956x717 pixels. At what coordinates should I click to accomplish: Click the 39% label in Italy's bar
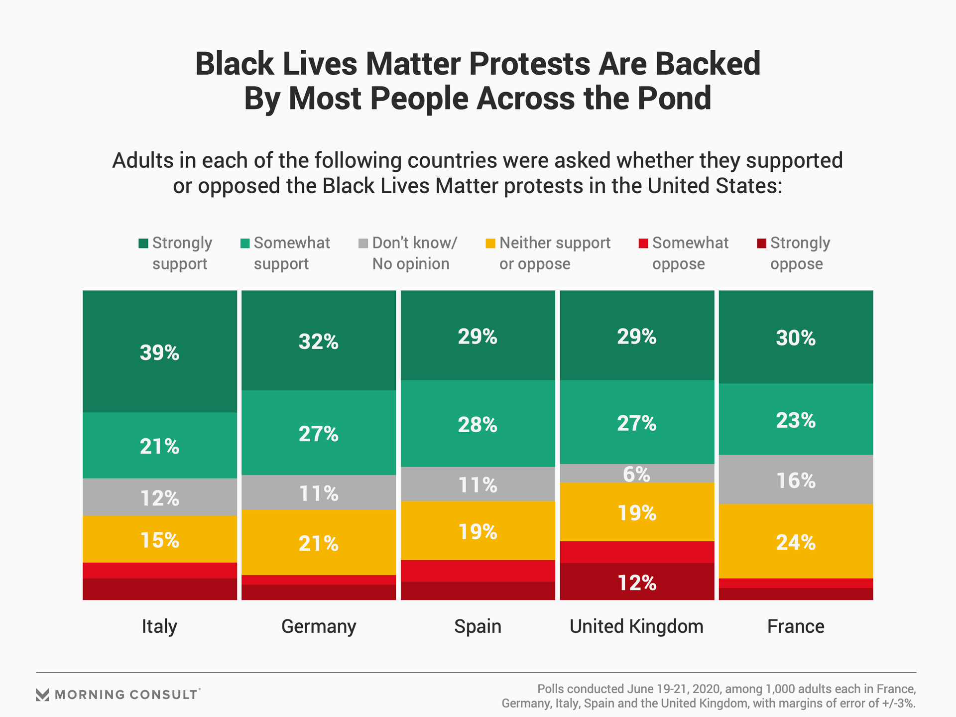click(x=159, y=353)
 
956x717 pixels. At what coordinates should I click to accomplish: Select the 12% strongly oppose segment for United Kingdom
click(x=637, y=582)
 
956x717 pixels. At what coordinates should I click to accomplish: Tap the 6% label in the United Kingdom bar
click(x=636, y=475)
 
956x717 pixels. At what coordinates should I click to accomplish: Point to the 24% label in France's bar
click(x=796, y=542)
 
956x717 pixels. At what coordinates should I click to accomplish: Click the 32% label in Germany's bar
click(x=319, y=342)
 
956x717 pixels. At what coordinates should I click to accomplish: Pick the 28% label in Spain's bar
click(x=478, y=425)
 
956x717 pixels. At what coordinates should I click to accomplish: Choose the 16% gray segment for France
click(x=796, y=479)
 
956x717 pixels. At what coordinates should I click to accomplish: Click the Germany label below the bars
click(x=319, y=626)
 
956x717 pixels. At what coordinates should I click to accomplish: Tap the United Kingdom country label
click(x=636, y=626)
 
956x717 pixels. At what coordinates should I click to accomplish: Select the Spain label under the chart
click(x=478, y=626)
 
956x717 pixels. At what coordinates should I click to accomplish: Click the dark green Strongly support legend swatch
click(x=143, y=243)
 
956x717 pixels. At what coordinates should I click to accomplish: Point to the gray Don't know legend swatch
click(x=363, y=243)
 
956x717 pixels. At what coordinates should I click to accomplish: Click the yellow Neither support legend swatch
click(x=490, y=243)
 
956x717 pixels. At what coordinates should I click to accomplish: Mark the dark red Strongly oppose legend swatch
click(x=761, y=243)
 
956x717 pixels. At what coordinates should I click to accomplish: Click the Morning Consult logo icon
click(x=43, y=695)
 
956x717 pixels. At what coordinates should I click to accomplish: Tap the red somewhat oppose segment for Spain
click(x=478, y=571)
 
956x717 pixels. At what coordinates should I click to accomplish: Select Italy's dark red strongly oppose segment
click(x=159, y=589)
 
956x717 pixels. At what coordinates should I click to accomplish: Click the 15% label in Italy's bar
click(x=159, y=540)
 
